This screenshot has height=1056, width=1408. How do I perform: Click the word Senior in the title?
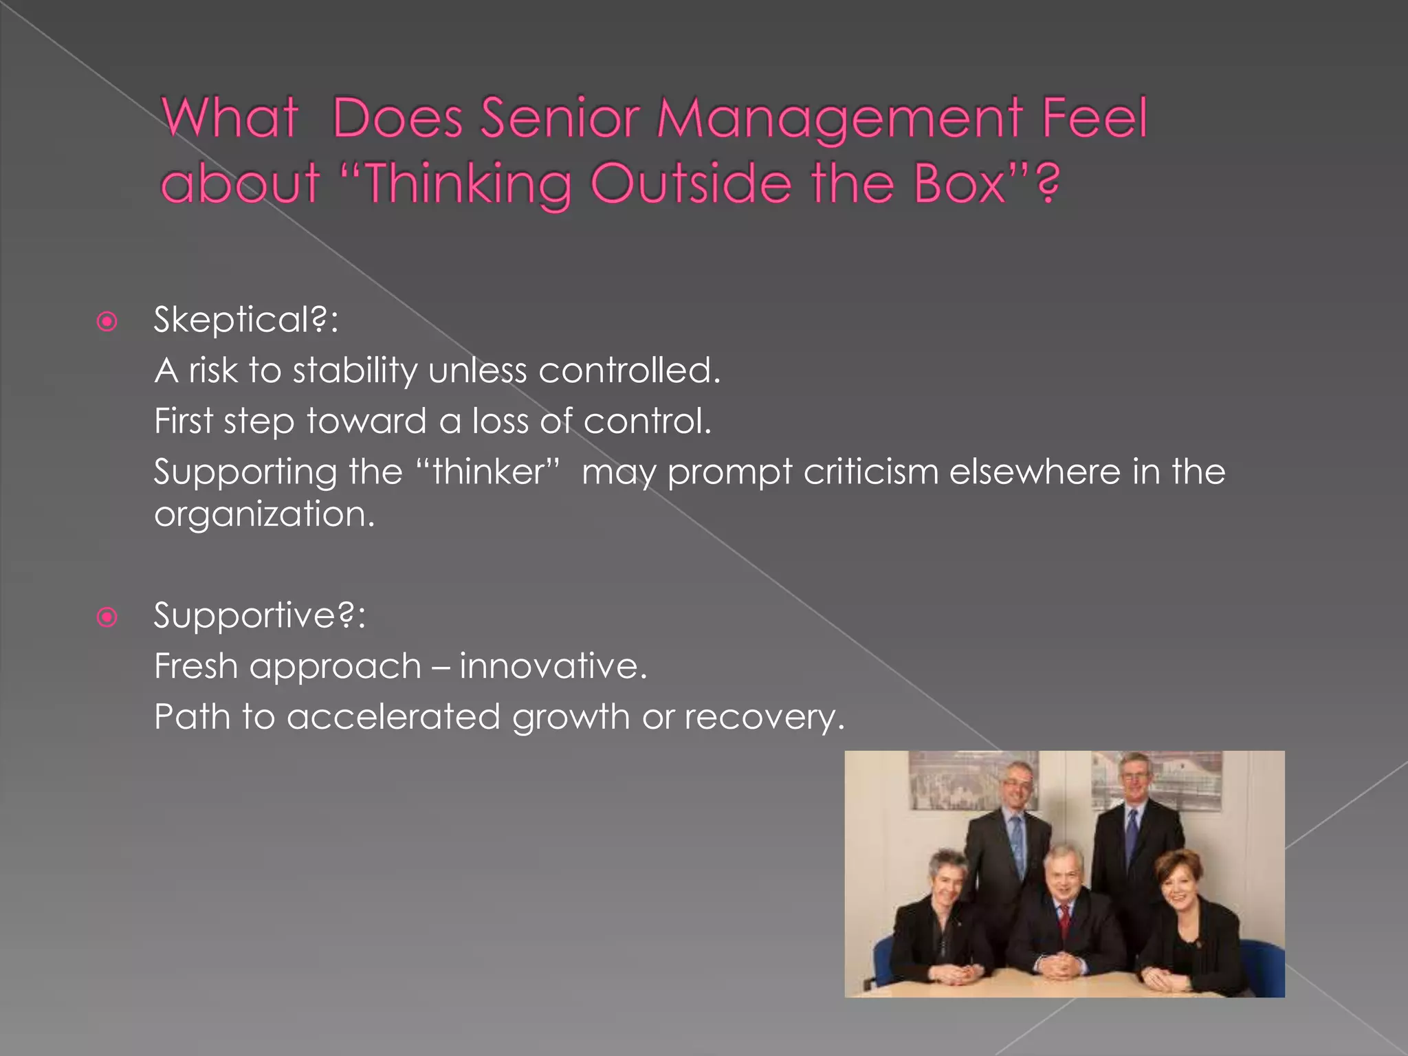(x=560, y=118)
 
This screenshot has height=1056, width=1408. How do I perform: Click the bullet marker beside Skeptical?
(x=107, y=321)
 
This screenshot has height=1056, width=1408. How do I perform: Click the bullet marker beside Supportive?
(x=107, y=617)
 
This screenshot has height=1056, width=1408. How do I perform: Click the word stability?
(x=355, y=371)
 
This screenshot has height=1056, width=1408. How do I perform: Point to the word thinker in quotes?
(x=488, y=472)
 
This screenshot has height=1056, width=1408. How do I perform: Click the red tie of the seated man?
(x=1064, y=918)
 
